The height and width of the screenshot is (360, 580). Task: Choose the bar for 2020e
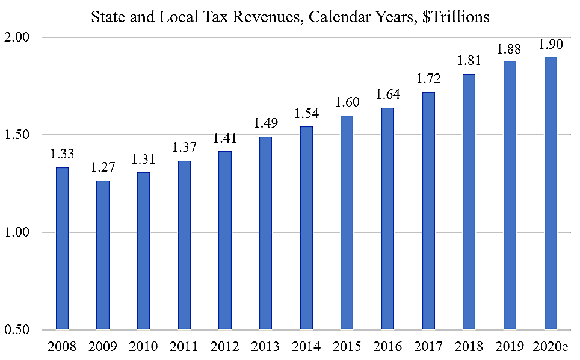[x=550, y=193]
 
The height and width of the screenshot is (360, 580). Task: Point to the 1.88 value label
[x=510, y=50]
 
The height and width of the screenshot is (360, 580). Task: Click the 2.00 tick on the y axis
[x=18, y=37]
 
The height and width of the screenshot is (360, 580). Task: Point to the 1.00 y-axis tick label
[x=18, y=232]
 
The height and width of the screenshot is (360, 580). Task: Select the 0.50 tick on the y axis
[x=18, y=330]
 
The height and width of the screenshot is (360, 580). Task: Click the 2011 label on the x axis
[x=184, y=347]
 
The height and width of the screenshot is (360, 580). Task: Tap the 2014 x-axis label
[x=306, y=347]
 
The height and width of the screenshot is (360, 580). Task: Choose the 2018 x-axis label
[x=469, y=347]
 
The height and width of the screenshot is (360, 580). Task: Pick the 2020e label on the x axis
[x=550, y=347]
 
